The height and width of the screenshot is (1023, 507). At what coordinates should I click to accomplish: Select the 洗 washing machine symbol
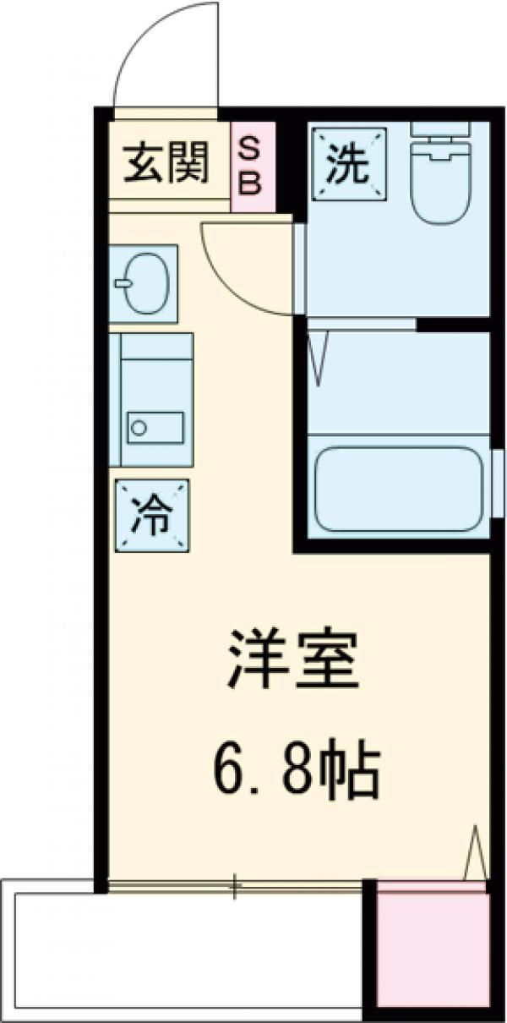pyautogui.click(x=348, y=164)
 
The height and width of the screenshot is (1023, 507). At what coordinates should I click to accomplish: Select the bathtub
pyautogui.click(x=400, y=491)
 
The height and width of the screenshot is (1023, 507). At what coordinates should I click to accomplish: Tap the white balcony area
pyautogui.click(x=186, y=951)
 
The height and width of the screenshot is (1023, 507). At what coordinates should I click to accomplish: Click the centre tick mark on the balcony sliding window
pyautogui.click(x=235, y=885)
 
